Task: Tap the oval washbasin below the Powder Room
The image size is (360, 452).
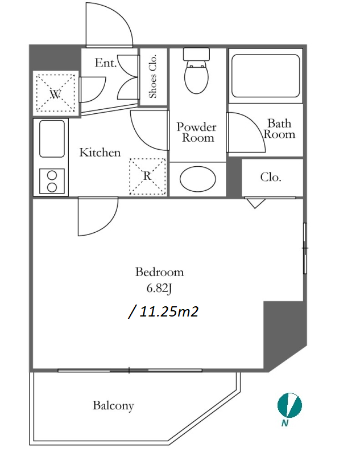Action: tap(198, 179)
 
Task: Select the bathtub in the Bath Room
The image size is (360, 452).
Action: tap(266, 76)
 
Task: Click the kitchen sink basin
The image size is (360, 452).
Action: tap(52, 139)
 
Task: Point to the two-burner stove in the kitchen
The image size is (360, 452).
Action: tap(52, 181)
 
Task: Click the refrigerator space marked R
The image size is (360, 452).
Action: tap(147, 176)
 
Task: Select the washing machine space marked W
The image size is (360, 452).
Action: tap(56, 93)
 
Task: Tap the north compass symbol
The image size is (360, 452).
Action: tap(289, 405)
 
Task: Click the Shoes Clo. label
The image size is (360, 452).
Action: tap(152, 76)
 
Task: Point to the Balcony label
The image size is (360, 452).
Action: tap(113, 406)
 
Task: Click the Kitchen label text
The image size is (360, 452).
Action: tap(100, 153)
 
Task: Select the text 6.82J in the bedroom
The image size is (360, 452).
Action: tap(159, 288)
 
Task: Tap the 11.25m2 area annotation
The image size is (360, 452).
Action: tap(163, 311)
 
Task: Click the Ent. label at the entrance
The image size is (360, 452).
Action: tap(106, 63)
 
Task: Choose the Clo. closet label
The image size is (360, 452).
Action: tap(271, 177)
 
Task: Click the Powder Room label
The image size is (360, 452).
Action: tap(197, 132)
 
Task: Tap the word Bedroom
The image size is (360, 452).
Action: tap(160, 272)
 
